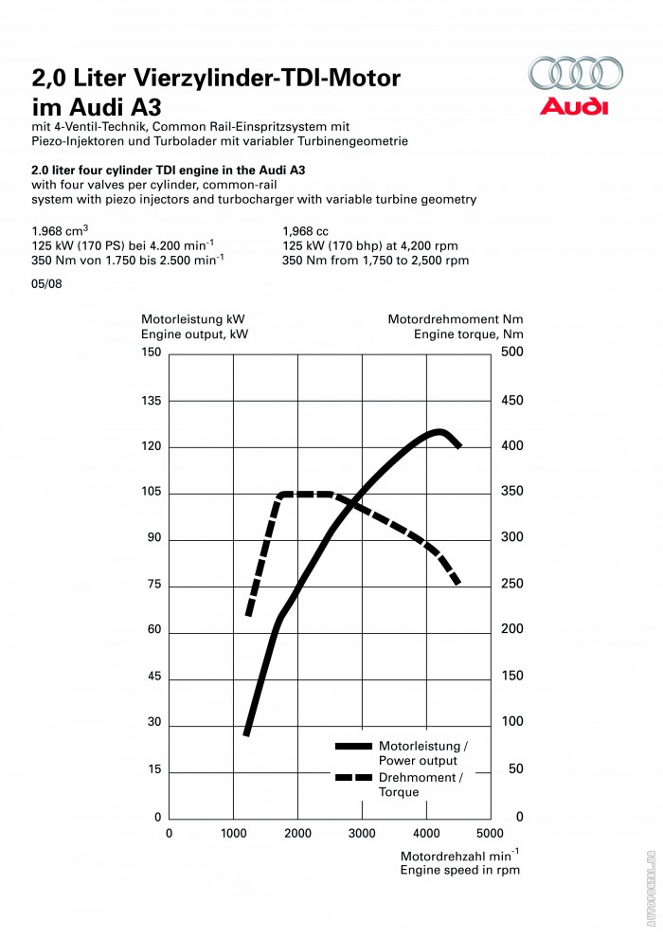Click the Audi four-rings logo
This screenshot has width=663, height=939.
click(576, 75)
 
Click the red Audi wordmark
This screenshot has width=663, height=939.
click(574, 106)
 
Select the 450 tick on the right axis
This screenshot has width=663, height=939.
click(511, 401)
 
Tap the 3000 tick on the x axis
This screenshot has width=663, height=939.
click(362, 834)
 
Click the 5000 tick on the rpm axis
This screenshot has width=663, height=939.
click(490, 834)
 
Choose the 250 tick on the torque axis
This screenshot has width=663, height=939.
click(511, 586)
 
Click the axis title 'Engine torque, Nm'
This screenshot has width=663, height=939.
click(468, 334)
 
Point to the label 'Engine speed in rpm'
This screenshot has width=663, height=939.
click(459, 870)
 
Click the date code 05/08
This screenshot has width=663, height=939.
click(46, 284)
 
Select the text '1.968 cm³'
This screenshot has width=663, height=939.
click(60, 231)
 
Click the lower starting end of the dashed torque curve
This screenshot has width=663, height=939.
click(247, 615)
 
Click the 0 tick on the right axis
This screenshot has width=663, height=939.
click(519, 817)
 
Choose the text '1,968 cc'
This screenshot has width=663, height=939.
click(305, 231)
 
